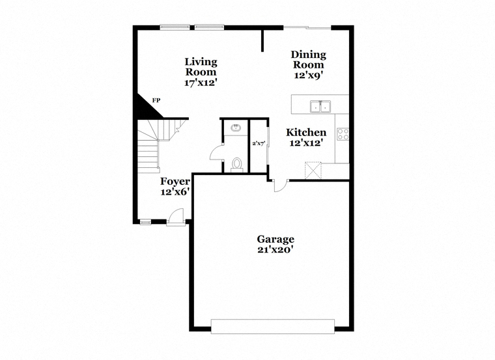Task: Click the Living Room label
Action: pos(201,66)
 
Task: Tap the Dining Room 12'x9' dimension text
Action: pos(309,75)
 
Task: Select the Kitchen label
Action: pos(306,132)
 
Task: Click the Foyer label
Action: pos(175,182)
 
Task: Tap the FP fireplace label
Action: pos(156,101)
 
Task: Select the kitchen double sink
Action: pos(320,107)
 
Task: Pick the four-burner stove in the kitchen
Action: pos(343,133)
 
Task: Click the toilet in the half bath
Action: pos(237,165)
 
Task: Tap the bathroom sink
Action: pos(236,128)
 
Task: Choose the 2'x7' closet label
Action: pos(258,143)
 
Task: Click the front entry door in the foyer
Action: pos(176,217)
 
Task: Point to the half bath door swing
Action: pos(216,152)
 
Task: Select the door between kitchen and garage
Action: pos(280,186)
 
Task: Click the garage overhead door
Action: pos(273,326)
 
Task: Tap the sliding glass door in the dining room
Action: pos(307,28)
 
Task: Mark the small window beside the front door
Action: pos(145,223)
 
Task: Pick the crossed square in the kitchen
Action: pos(313,171)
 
